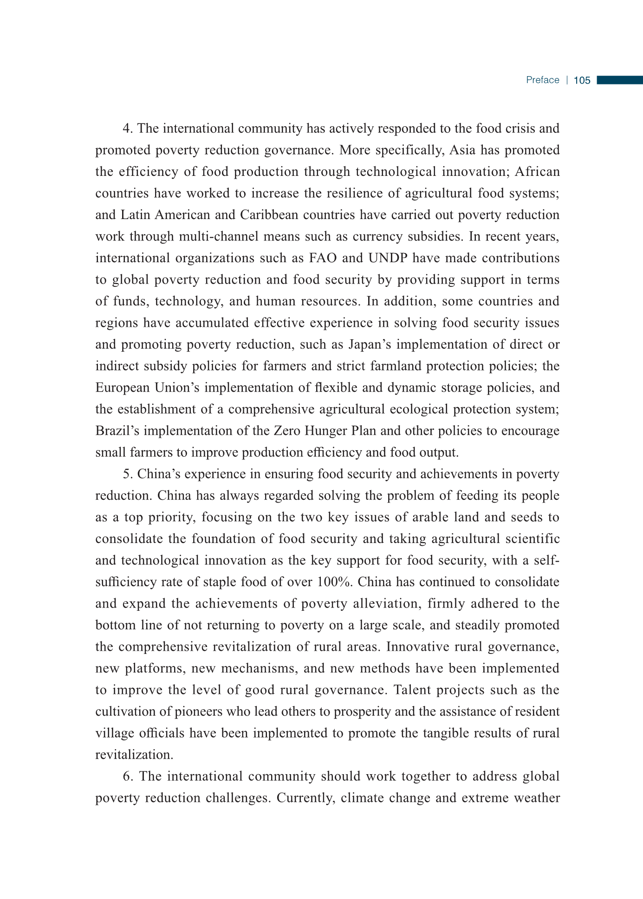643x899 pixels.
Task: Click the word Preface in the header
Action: (x=542, y=80)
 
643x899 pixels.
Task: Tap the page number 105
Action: (x=582, y=81)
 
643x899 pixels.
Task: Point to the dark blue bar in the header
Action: (x=619, y=80)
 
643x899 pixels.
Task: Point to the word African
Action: (x=537, y=172)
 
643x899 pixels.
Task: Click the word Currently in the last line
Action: (x=306, y=798)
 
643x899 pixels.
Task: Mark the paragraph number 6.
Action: (x=127, y=776)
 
